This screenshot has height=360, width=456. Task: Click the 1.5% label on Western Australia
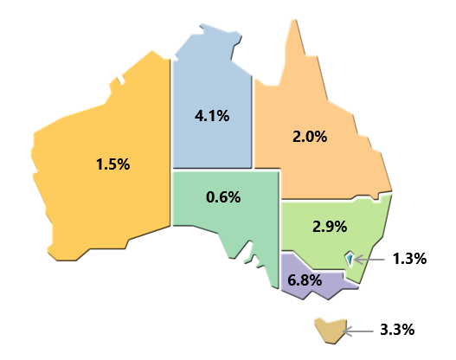[x=113, y=164]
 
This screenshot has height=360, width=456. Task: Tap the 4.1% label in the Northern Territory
[x=211, y=115]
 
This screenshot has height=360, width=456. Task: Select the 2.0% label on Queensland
[x=310, y=136]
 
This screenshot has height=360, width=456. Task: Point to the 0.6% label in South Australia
[x=223, y=196]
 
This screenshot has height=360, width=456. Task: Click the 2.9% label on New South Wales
[x=330, y=227]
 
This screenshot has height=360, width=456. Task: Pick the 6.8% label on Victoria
[x=305, y=280]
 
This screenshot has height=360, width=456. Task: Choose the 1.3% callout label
[x=408, y=258]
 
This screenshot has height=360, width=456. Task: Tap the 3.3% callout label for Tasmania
[x=397, y=329]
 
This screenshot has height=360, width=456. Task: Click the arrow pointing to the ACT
[x=369, y=258]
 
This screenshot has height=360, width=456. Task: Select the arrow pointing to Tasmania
[x=358, y=329]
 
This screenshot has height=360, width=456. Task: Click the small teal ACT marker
[x=349, y=258]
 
